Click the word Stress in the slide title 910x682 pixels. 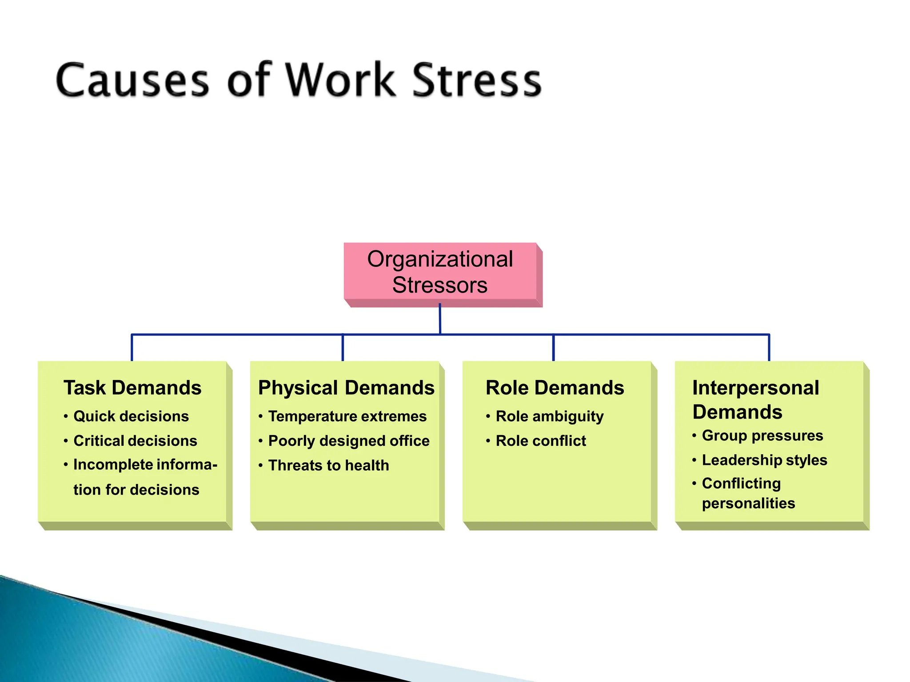coord(477,80)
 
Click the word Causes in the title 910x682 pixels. coord(132,80)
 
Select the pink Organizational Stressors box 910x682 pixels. coord(440,272)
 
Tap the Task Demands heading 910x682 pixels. coord(132,388)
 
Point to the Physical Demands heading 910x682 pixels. coord(346,388)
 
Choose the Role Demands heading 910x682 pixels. coord(555,388)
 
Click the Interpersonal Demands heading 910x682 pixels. coord(755,400)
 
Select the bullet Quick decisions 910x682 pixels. coord(131,416)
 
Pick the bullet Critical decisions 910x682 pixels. coord(135,441)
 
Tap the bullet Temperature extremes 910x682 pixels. coord(347,416)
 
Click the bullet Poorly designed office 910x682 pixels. coord(349,441)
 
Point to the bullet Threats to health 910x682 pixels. coord(328,465)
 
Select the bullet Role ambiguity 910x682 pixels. coord(550,416)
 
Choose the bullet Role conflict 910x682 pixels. coord(541,441)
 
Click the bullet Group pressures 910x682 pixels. coord(762,436)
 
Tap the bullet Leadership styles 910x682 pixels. coord(764,460)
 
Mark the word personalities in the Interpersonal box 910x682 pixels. coord(748,504)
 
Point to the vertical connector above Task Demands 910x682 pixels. coord(132,348)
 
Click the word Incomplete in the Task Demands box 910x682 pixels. coord(107,464)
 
